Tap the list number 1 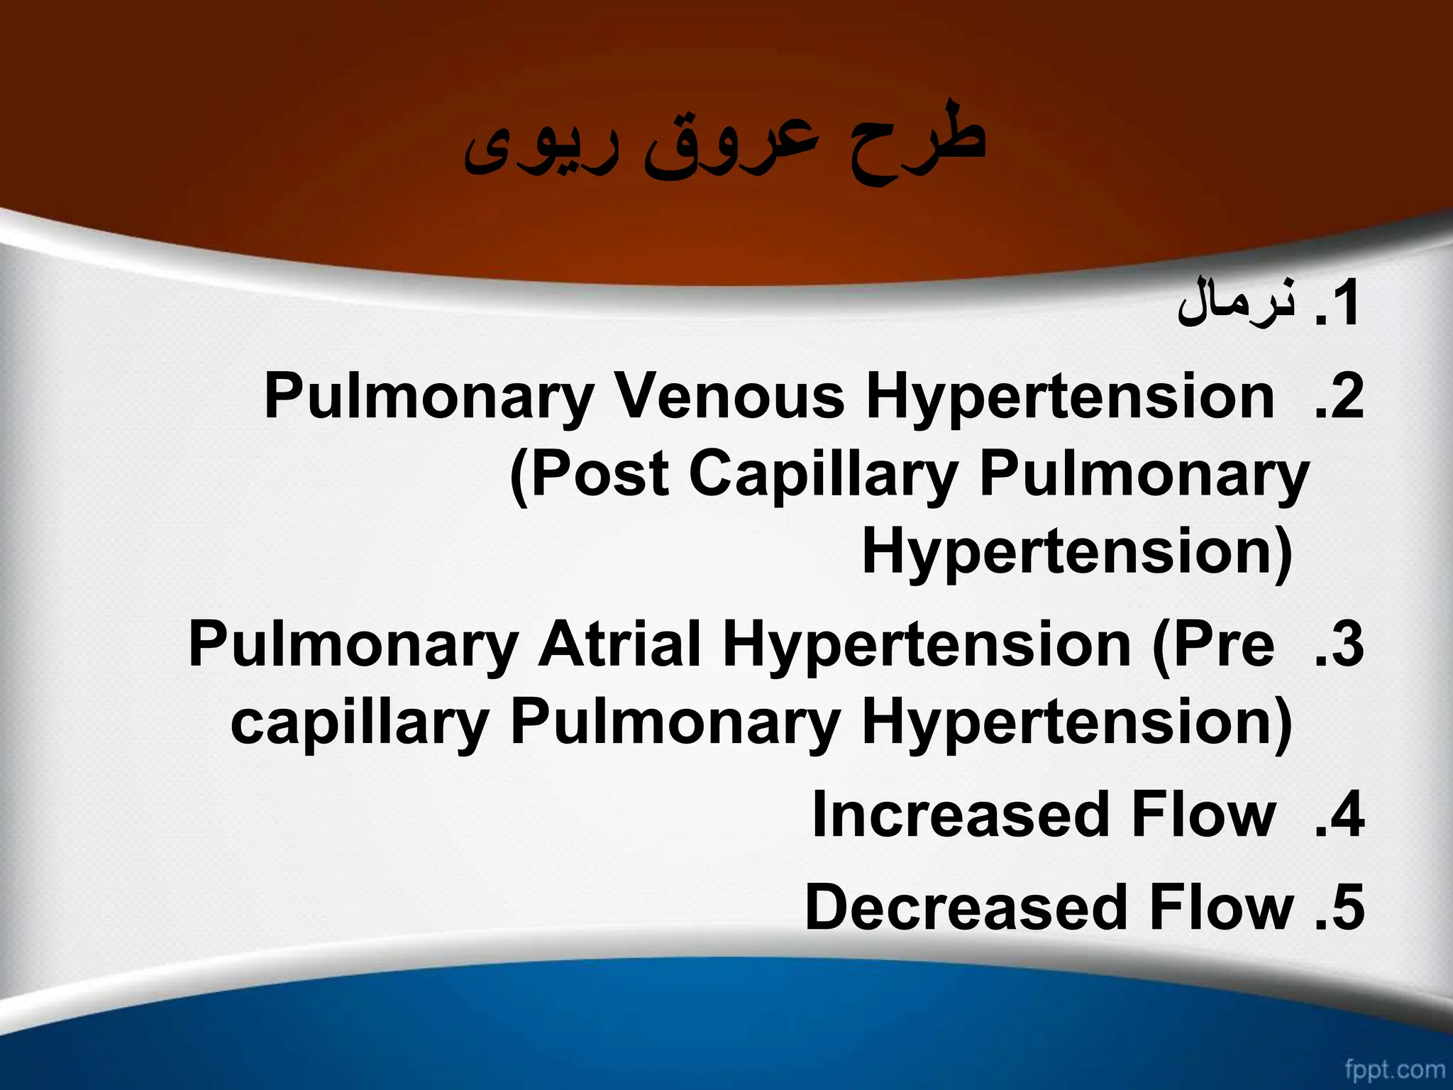click(x=1337, y=305)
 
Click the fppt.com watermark click(x=1395, y=1069)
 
